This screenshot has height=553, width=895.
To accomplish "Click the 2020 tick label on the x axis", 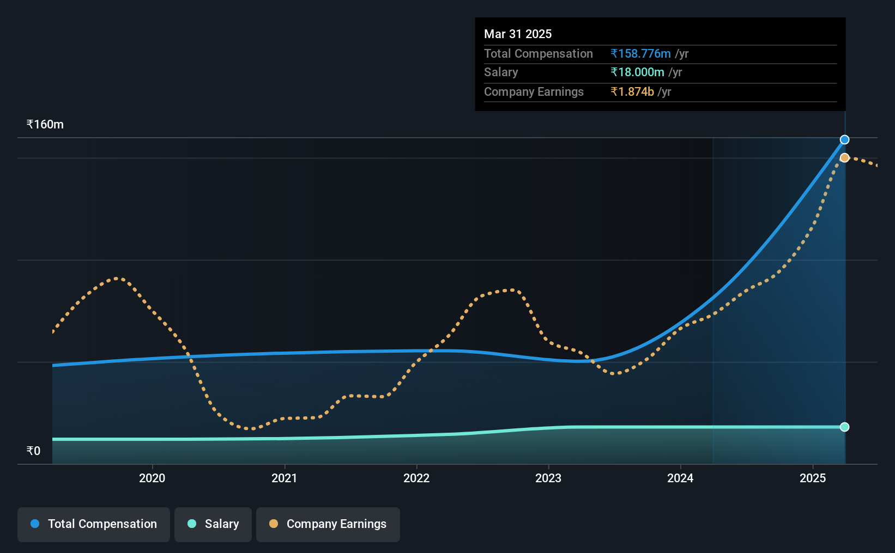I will [152, 478].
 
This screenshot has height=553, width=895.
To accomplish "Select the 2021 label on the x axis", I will [284, 478].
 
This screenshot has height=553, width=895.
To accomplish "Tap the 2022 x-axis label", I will [416, 478].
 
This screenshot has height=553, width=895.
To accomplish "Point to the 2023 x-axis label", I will [548, 478].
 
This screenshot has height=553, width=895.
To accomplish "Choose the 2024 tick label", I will [680, 478].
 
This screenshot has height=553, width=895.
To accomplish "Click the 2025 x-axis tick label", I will [813, 478].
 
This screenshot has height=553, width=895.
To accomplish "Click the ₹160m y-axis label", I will [45, 125].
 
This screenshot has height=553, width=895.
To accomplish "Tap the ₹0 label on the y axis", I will [33, 451].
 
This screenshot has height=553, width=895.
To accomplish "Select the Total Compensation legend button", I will [94, 524].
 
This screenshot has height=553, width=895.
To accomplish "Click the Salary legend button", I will [213, 524].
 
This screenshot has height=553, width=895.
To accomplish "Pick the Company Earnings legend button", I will [328, 524].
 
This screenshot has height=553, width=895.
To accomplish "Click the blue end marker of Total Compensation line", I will [844, 140].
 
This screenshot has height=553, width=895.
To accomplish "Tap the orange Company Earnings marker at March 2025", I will [844, 158].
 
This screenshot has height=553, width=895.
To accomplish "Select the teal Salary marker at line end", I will [844, 427].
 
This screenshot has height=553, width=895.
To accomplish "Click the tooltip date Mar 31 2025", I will [518, 34].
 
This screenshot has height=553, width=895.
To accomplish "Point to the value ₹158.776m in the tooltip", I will [640, 54].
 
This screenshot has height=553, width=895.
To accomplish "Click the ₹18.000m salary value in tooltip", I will [637, 72].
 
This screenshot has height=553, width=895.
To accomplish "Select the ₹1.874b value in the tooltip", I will [632, 92].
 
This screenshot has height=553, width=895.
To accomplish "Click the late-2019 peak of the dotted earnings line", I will [117, 279].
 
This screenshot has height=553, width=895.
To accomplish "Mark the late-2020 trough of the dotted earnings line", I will [250, 429].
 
